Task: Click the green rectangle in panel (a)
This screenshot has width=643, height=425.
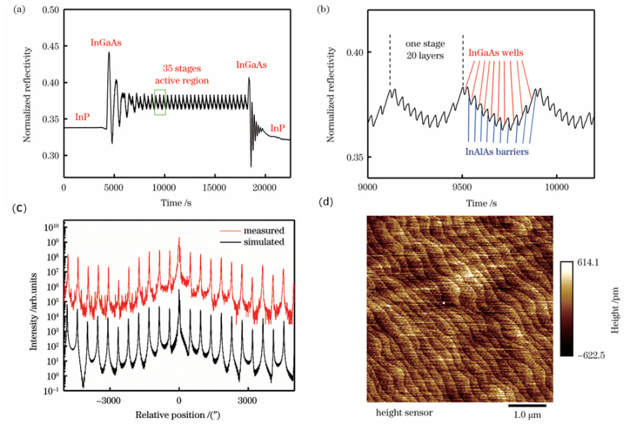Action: [160, 102]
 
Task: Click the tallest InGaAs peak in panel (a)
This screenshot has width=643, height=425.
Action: [109, 53]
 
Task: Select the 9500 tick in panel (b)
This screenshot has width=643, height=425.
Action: [462, 187]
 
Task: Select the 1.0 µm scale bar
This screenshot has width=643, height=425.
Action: [526, 404]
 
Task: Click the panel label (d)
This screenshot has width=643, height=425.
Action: [325, 203]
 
